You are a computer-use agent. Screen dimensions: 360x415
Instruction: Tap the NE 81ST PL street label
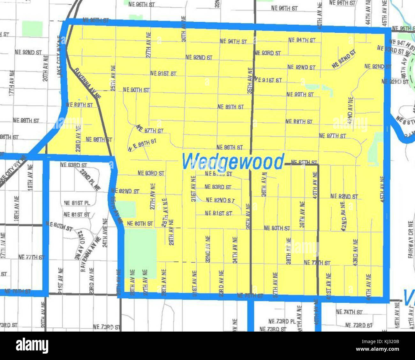pyautogui.click(x=77, y=203)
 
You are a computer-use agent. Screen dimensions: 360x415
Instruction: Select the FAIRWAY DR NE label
pyautogui.click(x=411, y=235)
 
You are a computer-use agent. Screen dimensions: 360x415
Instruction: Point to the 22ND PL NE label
pyautogui.click(x=90, y=180)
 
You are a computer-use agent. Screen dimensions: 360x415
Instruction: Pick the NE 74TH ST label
pyautogui.click(x=349, y=312)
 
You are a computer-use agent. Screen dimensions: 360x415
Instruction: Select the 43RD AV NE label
pyautogui.click(x=355, y=252)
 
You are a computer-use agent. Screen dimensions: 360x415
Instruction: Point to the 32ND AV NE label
pyautogui.click(x=207, y=249)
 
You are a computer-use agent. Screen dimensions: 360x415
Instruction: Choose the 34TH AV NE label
pyautogui.click(x=235, y=250)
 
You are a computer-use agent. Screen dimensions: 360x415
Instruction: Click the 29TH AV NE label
pyautogui.click(x=171, y=232)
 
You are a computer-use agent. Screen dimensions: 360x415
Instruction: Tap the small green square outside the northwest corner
pyautogui.click(x=32, y=29)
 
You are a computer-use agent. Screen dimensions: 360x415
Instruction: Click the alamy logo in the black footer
pyautogui.click(x=32, y=346)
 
